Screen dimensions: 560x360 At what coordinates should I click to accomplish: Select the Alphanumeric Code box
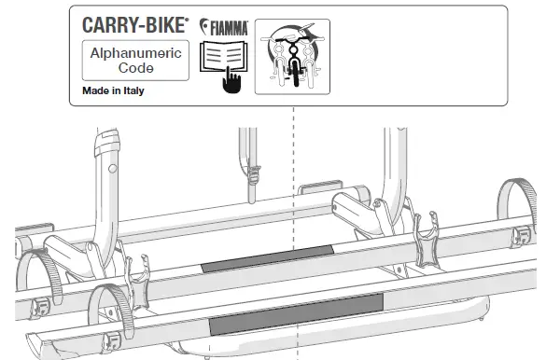click(134, 62)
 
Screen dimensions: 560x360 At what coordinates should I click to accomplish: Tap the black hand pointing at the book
click(231, 82)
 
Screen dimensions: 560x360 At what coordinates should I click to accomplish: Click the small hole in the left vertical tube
click(111, 170)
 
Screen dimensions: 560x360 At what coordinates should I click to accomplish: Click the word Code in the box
click(134, 69)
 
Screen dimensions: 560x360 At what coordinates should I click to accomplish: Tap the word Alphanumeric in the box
click(134, 54)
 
